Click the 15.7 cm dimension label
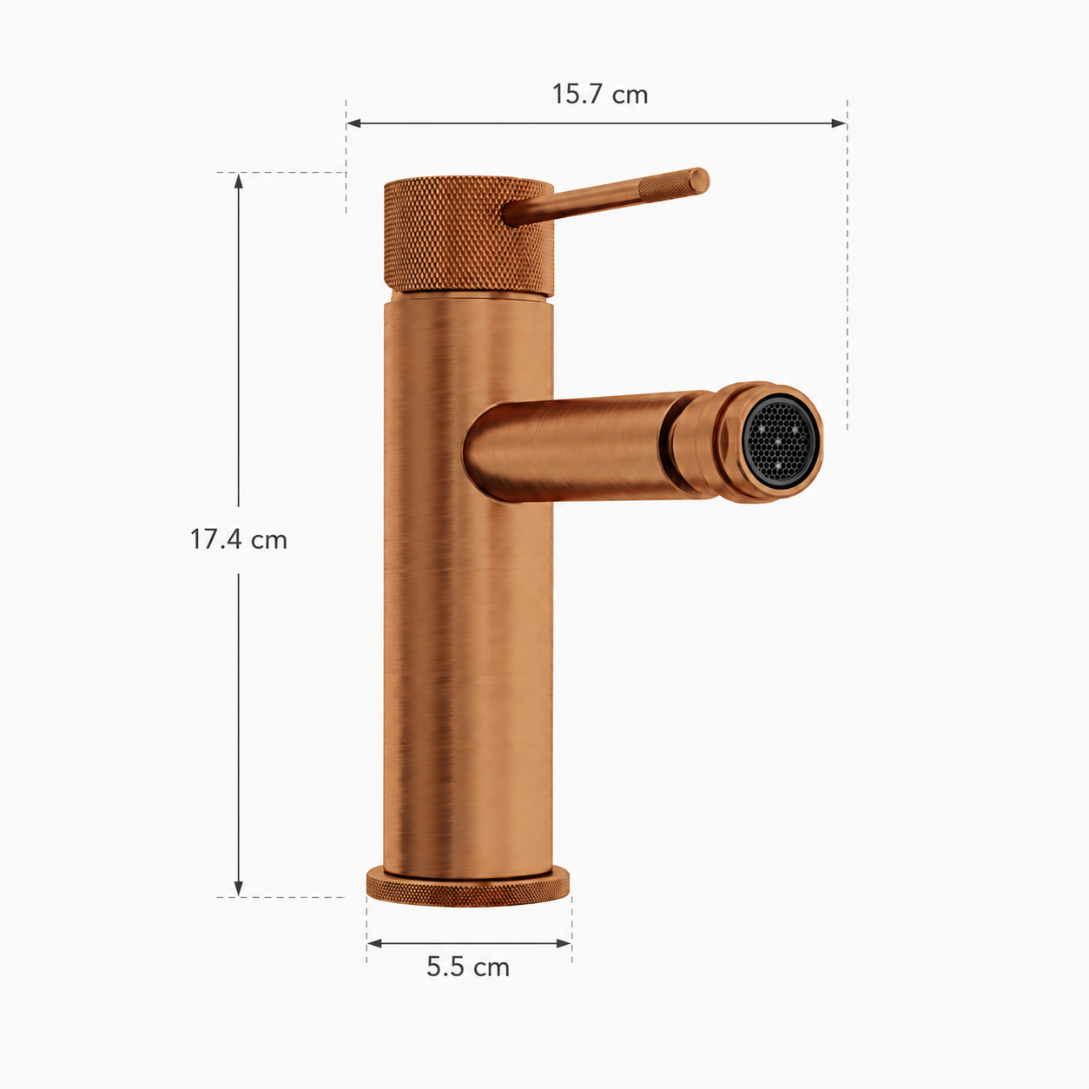pyautogui.click(x=599, y=95)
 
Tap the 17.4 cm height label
pyautogui.click(x=239, y=539)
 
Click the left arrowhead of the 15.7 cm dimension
pyautogui.click(x=353, y=123)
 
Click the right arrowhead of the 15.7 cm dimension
pyautogui.click(x=839, y=123)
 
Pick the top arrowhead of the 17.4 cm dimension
pyautogui.click(x=239, y=181)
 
